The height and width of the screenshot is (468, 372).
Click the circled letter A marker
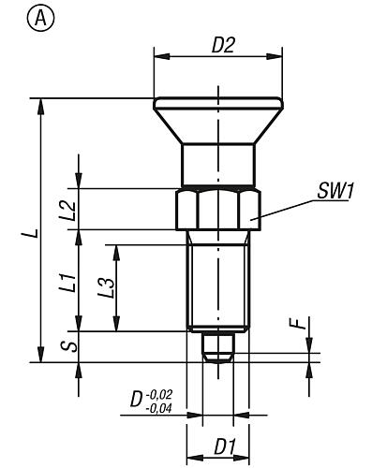pyautogui.click(x=15, y=16)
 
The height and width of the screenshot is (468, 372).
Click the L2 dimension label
pyautogui.click(x=67, y=209)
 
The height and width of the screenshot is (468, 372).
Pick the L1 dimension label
pyautogui.click(x=67, y=283)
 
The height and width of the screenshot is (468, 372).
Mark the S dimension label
pyautogui.click(x=66, y=347)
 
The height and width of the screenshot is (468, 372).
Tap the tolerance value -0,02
pyautogui.click(x=160, y=394)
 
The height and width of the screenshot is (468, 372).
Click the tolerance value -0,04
pyautogui.click(x=160, y=407)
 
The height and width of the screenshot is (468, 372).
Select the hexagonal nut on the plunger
pyautogui.click(x=218, y=208)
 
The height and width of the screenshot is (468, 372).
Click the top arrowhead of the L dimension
pyautogui.click(x=39, y=105)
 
